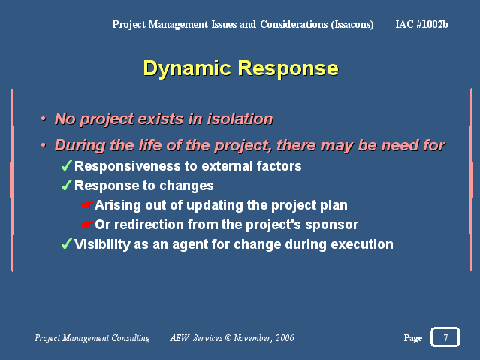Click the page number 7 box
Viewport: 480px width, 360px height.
(x=445, y=337)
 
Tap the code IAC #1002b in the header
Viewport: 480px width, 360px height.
(x=421, y=24)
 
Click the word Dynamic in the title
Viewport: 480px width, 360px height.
(x=187, y=68)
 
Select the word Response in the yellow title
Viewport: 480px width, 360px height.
(x=288, y=68)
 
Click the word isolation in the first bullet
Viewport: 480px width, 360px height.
(x=240, y=119)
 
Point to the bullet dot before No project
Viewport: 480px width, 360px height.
(x=44, y=119)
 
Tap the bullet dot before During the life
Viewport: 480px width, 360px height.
(x=44, y=145)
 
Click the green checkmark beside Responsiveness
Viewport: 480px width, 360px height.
(x=67, y=165)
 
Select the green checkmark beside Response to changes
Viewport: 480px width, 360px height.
(x=67, y=185)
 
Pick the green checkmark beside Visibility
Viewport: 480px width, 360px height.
(x=67, y=244)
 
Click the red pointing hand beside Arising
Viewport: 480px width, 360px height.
(x=88, y=205)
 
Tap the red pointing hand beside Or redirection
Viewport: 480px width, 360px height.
(x=88, y=225)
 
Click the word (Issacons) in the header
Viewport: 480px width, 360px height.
(x=352, y=24)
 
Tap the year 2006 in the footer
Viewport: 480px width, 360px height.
(x=285, y=338)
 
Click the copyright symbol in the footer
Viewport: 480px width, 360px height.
(x=228, y=338)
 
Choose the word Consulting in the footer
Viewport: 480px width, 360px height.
(x=131, y=338)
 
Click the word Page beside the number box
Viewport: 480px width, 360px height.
(x=413, y=338)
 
